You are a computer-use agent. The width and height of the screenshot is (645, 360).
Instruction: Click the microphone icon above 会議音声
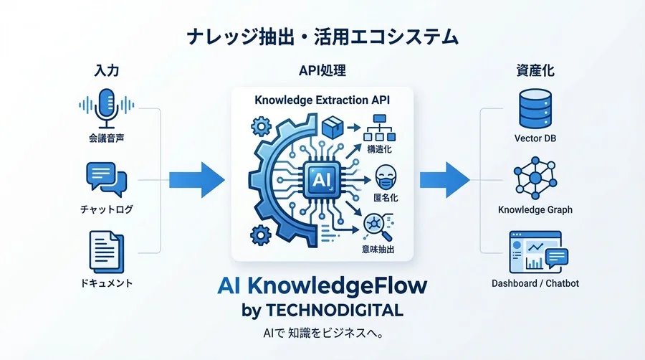point(107,108)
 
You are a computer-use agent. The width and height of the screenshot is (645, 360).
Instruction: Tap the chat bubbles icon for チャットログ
point(107,180)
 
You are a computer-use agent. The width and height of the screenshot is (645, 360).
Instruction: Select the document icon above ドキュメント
point(107,252)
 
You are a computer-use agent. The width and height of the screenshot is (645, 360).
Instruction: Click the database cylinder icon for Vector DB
point(535,109)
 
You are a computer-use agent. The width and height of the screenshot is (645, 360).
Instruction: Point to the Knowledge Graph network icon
point(535,178)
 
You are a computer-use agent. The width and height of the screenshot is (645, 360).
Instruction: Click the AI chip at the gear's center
point(321,179)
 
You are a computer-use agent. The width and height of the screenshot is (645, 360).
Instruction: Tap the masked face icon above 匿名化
point(386,178)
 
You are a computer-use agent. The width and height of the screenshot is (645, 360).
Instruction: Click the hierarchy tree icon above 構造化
point(379,128)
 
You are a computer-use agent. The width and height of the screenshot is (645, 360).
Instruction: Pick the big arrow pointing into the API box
point(197,180)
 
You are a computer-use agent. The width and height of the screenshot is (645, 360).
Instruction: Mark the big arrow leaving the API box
point(444,180)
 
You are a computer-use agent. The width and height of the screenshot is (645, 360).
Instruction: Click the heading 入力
point(107,70)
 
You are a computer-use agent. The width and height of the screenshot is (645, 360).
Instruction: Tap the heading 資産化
point(535,70)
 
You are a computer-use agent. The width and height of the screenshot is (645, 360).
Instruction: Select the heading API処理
point(322,70)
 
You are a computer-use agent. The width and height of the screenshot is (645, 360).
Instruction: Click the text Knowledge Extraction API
point(322,100)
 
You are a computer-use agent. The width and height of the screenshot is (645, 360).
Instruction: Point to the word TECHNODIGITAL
point(335,311)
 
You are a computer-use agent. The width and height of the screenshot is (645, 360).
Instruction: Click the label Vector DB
point(535,138)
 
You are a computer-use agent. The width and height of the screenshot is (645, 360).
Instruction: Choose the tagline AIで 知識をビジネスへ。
point(323,333)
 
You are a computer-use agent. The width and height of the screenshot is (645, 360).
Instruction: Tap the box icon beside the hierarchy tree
point(333,128)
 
